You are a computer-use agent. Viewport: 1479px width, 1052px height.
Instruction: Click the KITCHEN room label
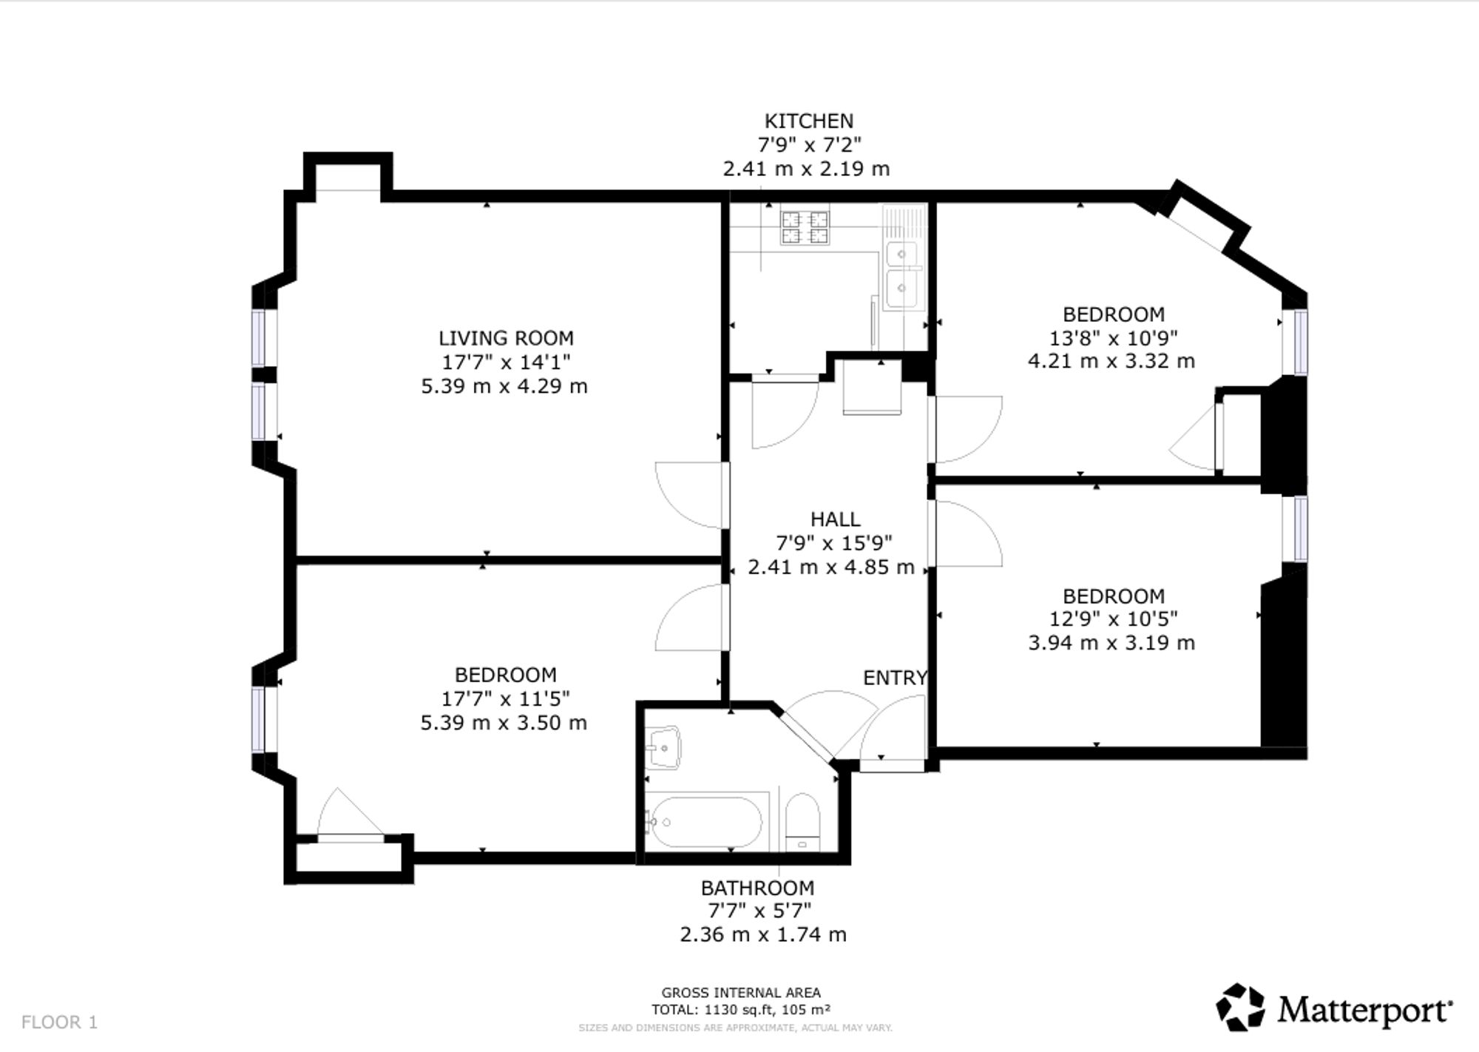pos(808,121)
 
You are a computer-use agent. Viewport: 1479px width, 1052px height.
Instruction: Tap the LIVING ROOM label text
pos(506,338)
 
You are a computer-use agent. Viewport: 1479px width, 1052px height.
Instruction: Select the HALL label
pos(835,519)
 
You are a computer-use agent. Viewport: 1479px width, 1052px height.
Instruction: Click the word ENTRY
pos(895,678)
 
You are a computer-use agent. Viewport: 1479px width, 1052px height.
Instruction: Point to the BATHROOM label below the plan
pos(757,888)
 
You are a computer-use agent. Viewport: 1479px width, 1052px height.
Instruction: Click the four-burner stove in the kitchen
pos(805,227)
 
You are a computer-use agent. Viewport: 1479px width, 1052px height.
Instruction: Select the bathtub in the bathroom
pos(703,821)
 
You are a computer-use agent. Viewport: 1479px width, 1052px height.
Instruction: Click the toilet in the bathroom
pos(802,822)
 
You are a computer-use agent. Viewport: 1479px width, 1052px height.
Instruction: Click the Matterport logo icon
pos(1241,1007)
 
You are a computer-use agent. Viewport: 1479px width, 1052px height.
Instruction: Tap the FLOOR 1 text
pos(60,1022)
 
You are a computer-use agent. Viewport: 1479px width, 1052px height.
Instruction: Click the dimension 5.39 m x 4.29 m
pos(504,386)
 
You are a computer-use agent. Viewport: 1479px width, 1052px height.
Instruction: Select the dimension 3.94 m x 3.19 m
pos(1111,643)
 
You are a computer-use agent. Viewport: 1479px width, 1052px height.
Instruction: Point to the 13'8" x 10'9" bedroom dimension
pos(1114,338)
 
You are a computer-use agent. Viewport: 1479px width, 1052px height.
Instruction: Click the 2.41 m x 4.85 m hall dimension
pos(831,567)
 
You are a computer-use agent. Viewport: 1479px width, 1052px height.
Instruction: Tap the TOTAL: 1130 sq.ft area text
pos(741,1010)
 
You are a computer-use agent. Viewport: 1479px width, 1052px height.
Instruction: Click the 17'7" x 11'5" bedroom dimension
pos(506,698)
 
